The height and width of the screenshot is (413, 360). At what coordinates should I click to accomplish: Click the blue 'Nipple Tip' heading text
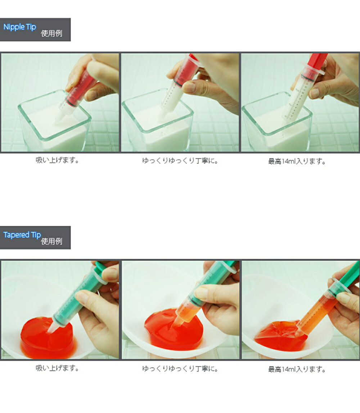pyautogui.click(x=20, y=27)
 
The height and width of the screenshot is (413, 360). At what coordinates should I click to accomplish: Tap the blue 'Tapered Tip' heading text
pyautogui.click(x=22, y=235)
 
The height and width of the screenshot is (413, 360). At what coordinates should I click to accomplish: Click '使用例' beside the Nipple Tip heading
pyautogui.click(x=51, y=33)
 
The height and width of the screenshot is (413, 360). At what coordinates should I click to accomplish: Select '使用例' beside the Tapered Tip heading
pyautogui.click(x=51, y=241)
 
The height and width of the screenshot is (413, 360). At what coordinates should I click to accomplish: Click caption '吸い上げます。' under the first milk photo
pyautogui.click(x=58, y=160)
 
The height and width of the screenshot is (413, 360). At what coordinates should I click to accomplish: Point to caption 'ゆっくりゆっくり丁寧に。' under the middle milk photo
pyautogui.click(x=180, y=161)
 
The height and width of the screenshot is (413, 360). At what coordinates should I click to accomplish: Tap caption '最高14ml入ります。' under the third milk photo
pyautogui.click(x=297, y=161)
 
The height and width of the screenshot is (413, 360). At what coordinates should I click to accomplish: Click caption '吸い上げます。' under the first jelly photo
pyautogui.click(x=58, y=368)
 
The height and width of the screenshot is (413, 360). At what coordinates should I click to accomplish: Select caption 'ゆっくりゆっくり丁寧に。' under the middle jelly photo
pyautogui.click(x=180, y=368)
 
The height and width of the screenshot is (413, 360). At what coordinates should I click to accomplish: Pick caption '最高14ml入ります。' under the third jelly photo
pyautogui.click(x=297, y=369)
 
